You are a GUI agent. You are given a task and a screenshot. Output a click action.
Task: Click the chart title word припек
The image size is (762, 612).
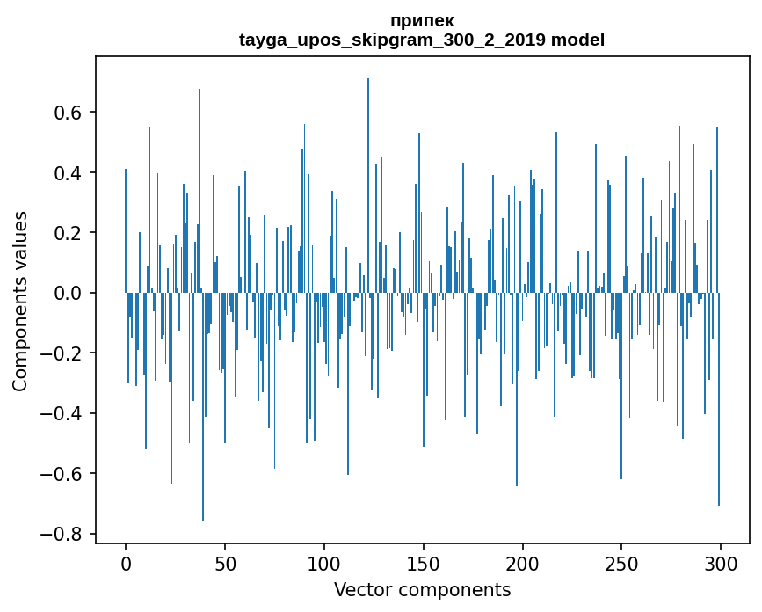pyautogui.click(x=422, y=20)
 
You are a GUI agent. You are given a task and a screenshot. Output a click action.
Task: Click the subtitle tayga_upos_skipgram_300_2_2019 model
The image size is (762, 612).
pyautogui.click(x=422, y=40)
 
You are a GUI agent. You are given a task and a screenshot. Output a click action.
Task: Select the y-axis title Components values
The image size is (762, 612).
pyautogui.click(x=20, y=301)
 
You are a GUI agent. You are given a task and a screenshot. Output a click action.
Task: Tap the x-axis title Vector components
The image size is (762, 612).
pyautogui.click(x=422, y=589)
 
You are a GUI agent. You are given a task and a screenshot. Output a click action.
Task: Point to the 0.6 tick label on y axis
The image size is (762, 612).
pyautogui.click(x=69, y=113)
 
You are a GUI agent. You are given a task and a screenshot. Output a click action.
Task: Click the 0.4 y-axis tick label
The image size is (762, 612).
pyautogui.click(x=69, y=172)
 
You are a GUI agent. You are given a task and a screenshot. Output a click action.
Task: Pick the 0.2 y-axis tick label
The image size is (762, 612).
pyautogui.click(x=69, y=233)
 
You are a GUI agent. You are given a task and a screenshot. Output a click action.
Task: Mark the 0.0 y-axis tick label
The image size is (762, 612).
pyautogui.click(x=69, y=293)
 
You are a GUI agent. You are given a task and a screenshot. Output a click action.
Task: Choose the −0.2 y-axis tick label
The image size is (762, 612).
pyautogui.click(x=63, y=353)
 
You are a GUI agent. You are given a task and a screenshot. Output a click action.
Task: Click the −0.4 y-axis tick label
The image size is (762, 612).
pyautogui.click(x=63, y=413)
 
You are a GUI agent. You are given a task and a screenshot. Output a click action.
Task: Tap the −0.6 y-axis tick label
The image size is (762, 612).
pyautogui.click(x=63, y=474)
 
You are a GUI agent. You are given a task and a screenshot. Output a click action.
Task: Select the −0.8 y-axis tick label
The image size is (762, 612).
pyautogui.click(x=63, y=534)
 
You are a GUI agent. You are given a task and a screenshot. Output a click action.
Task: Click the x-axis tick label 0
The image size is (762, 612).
pyautogui.click(x=126, y=563)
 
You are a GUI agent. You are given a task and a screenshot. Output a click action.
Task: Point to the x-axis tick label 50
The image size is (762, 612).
pyautogui.click(x=225, y=563)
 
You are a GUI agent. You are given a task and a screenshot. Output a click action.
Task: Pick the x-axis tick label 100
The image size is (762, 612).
pyautogui.click(x=324, y=563)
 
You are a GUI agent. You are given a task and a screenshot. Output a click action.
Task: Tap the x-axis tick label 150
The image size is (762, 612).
pyautogui.click(x=424, y=563)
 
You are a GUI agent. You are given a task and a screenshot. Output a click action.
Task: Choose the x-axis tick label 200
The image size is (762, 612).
pyautogui.click(x=523, y=563)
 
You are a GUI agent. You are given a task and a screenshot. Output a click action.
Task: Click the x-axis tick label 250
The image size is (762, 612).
pyautogui.click(x=621, y=563)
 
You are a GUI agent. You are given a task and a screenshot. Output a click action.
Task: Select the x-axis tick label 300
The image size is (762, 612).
pyautogui.click(x=721, y=563)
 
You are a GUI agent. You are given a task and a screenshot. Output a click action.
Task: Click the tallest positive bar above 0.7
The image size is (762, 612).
pyautogui.click(x=368, y=176)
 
